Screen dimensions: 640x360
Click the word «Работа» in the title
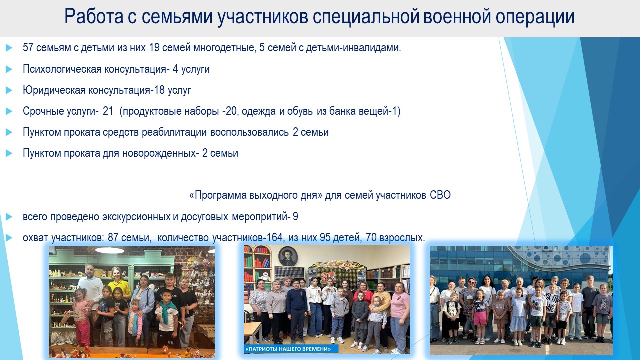94,16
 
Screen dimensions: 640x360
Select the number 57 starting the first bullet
28,47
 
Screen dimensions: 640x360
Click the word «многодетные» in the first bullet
223,48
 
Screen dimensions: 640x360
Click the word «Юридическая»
54,90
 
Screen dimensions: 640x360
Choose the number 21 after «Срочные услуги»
108,111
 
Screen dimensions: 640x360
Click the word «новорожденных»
159,153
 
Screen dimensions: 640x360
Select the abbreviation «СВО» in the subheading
440,195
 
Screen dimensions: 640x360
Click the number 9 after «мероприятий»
295,217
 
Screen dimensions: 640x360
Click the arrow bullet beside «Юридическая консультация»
9,90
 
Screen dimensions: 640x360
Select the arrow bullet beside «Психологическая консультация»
9,69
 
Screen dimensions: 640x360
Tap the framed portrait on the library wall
288,256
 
